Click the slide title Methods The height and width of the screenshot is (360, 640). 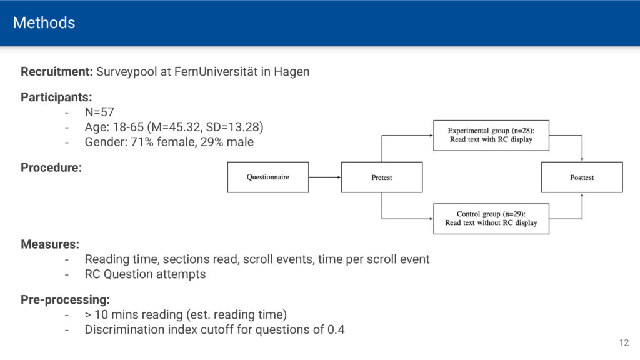[x=44, y=23]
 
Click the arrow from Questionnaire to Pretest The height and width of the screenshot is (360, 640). [x=325, y=177]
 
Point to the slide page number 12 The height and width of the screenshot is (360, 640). [x=624, y=343]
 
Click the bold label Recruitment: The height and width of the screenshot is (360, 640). [x=57, y=72]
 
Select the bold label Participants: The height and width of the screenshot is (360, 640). [x=56, y=97]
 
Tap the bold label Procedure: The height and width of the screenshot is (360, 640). [x=51, y=167]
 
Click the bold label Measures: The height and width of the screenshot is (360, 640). [x=50, y=244]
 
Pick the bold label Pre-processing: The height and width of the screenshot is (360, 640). [x=65, y=300]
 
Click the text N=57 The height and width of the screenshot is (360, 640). [x=99, y=112]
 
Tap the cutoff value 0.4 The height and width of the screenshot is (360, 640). [x=336, y=330]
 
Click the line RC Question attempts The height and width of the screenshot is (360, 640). [x=145, y=274]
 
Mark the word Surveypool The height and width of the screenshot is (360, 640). [x=126, y=72]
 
